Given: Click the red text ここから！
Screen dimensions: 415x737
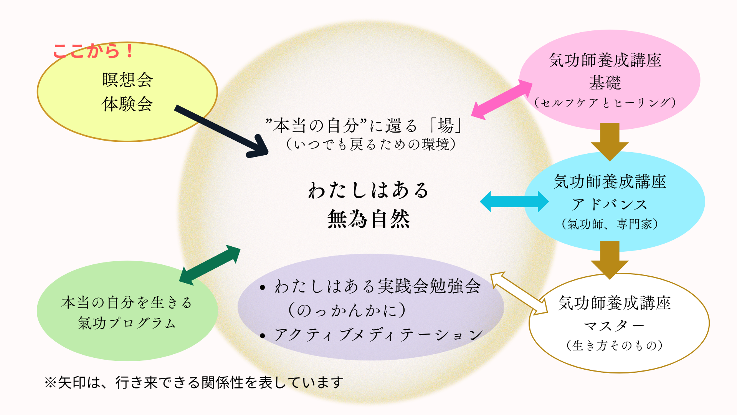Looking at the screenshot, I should (93, 51).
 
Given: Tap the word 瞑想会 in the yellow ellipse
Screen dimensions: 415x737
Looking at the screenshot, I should (127, 80).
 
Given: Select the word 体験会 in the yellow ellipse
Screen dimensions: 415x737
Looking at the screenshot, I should (127, 104).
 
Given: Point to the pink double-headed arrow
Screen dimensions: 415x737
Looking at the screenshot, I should (501, 100).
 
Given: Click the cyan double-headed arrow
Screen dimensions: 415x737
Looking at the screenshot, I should (514, 201).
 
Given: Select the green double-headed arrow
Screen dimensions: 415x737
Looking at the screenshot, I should (210, 265).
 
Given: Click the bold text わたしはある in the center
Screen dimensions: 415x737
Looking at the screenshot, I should (368, 190).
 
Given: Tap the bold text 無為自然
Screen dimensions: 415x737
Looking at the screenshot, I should (368, 219).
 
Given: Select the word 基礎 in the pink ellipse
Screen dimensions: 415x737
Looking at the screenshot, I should (605, 83).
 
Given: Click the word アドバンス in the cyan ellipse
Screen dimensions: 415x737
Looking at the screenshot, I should (610, 204).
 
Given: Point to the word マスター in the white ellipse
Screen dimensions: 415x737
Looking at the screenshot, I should (614, 326).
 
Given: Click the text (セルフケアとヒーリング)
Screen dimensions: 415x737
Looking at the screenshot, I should (605, 103).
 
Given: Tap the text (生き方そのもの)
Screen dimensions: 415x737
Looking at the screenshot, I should (614, 345).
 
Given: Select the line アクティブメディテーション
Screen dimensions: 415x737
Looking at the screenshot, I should (378, 335).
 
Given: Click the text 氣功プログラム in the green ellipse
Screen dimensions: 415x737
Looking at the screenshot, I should (127, 323).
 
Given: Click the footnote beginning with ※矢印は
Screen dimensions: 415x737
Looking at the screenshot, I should (194, 382).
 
